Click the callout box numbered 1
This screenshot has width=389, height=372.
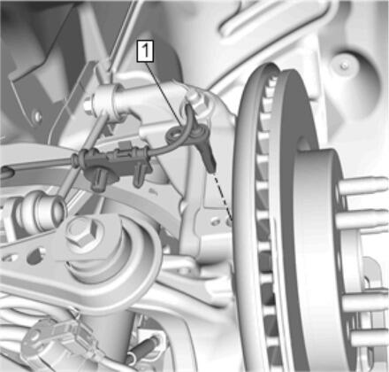tap(145, 51)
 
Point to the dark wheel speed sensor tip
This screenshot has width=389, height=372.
tap(212, 168)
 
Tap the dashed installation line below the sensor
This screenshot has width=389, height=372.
tap(222, 196)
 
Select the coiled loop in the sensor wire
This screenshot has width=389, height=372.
tap(174, 135)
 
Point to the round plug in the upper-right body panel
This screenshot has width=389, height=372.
tap(344, 66)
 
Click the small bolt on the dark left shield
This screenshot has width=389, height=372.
tap(37, 116)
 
